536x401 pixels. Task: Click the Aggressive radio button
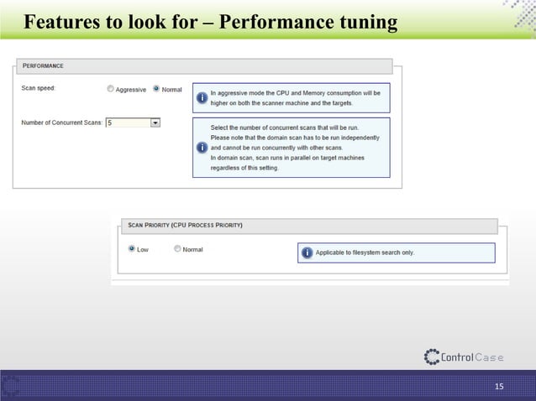111,90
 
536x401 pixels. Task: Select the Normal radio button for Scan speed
156,90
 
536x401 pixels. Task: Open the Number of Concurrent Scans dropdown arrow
155,122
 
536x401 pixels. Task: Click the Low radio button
131,249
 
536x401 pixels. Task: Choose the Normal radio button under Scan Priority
176,249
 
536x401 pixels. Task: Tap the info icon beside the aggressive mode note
202,98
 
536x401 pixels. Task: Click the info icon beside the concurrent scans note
202,148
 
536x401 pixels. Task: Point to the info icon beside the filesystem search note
307,253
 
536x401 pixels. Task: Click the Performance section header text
43,65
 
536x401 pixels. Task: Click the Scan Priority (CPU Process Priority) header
185,225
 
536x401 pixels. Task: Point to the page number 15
499,387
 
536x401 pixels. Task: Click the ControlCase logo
464,357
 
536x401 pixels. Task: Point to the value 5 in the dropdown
110,122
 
